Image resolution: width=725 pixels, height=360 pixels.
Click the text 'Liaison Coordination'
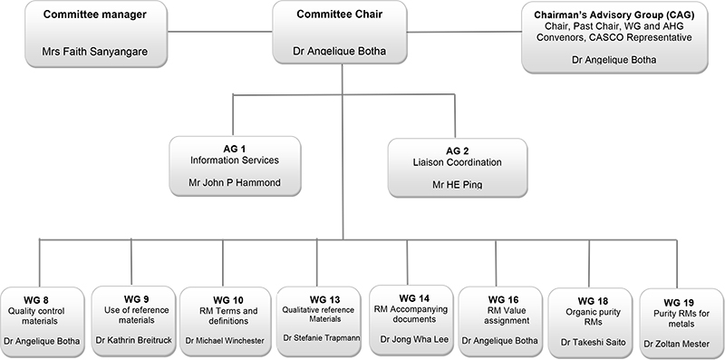coord(458,162)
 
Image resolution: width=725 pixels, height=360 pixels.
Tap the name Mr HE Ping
coord(457,183)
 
